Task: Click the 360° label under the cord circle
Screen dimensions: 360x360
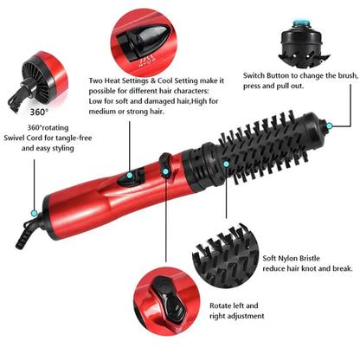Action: point(39,112)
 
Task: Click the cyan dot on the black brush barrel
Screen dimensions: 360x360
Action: point(225,162)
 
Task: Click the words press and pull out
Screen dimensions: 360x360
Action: point(274,87)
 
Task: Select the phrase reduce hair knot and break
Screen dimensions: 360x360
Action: point(307,269)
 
